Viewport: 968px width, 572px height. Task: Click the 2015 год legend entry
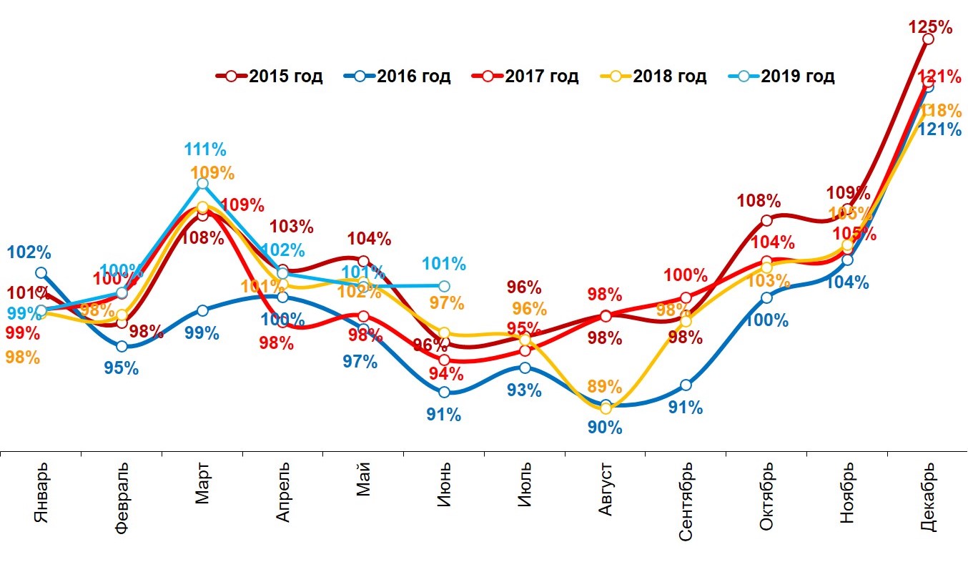pyautogui.click(x=269, y=76)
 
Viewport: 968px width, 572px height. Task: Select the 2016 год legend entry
pyautogui.click(x=396, y=76)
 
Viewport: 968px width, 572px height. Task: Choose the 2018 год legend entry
pyautogui.click(x=652, y=76)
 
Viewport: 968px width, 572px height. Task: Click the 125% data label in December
pyautogui.click(x=930, y=28)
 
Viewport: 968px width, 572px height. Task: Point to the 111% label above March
pyautogui.click(x=205, y=150)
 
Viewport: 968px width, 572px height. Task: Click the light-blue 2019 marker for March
pyautogui.click(x=202, y=184)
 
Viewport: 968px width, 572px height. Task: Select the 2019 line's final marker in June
pyautogui.click(x=444, y=286)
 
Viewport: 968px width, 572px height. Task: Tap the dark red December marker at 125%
pyautogui.click(x=928, y=39)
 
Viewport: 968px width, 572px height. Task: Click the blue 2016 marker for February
pyautogui.click(x=122, y=346)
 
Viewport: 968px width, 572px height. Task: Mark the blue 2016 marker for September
pyautogui.click(x=686, y=385)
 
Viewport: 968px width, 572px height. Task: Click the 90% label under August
pyautogui.click(x=605, y=428)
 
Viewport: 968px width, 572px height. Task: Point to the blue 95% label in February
pyautogui.click(x=122, y=368)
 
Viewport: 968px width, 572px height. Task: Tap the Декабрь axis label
pyautogui.click(x=928, y=498)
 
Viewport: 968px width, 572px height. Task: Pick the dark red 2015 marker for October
pyautogui.click(x=766, y=220)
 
